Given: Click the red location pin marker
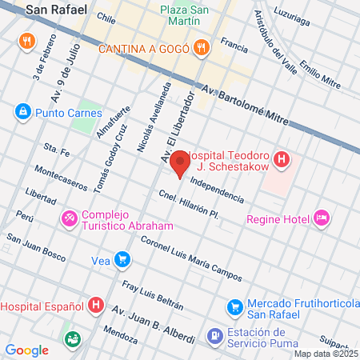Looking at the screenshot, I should click(181, 162).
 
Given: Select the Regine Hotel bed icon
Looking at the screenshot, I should click(322, 218).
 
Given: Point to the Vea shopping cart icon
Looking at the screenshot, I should click(122, 259).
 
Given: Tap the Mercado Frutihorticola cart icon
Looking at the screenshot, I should click(235, 306).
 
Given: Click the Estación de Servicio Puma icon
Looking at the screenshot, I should click(214, 336).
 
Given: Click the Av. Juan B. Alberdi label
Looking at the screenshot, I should click(153, 323).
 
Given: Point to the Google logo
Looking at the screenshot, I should click(27, 350).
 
